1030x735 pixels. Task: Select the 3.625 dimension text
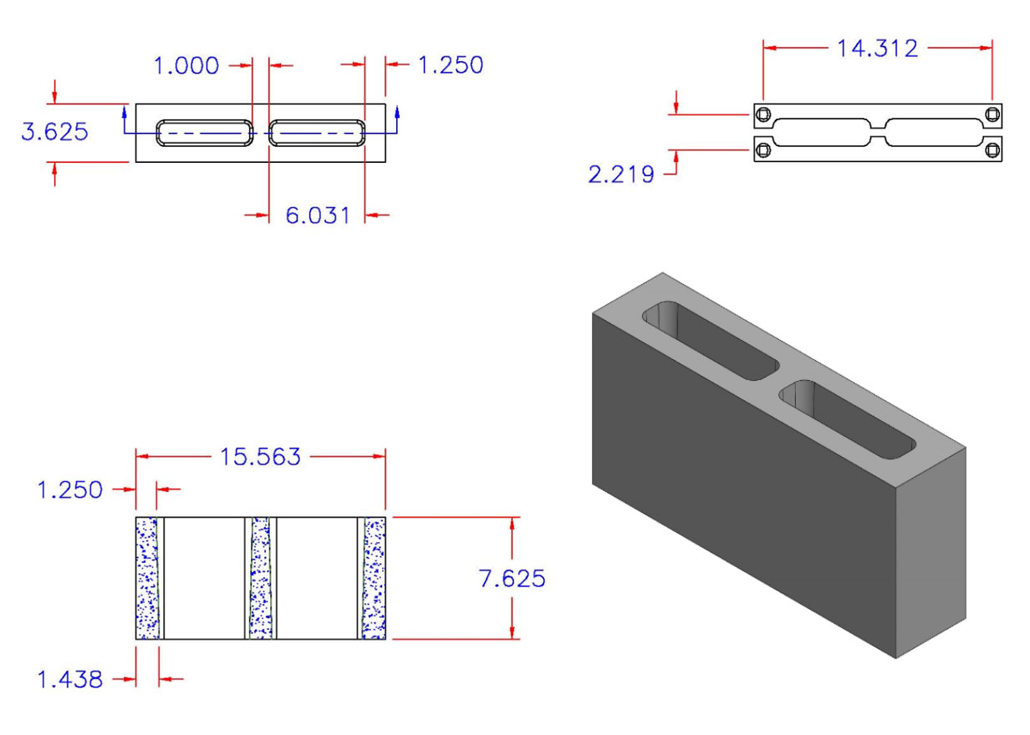[x=54, y=132]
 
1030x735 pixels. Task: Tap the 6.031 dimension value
[x=317, y=215]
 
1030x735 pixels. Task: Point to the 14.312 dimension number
[x=877, y=48]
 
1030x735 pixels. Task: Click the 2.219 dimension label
[x=621, y=175]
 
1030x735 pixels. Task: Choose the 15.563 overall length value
[x=260, y=457]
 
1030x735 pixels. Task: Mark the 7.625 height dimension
[x=512, y=578]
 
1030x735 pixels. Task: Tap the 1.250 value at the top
[x=451, y=65]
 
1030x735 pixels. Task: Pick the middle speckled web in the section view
[x=261, y=578]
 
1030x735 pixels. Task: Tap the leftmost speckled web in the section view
[x=147, y=578]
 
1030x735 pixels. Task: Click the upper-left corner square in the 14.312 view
[x=762, y=114]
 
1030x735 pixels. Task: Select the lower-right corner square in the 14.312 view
[x=992, y=150]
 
